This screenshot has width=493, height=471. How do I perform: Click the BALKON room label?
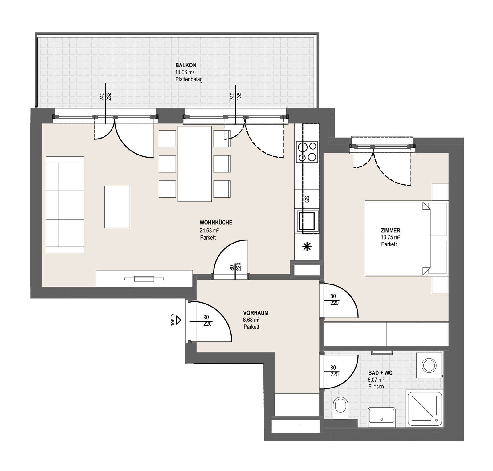186,65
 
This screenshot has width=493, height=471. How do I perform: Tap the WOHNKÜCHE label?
216,223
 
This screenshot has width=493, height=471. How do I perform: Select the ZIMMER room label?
390,230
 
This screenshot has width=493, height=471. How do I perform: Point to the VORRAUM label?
256,313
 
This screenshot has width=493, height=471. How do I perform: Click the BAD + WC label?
380,373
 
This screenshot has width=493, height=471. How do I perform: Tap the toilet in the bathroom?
340,408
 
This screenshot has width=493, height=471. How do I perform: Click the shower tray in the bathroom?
424,409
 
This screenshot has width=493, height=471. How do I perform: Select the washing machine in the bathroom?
429,365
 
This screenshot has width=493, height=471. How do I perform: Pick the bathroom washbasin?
381,417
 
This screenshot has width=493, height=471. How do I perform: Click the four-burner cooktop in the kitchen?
307,151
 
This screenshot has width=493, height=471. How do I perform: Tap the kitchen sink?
307,220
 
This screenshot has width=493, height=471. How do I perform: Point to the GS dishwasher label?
307,199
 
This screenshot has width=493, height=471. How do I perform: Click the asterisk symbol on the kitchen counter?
307,247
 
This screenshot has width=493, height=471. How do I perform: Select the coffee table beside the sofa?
117,207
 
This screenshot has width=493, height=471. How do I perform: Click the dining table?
195,164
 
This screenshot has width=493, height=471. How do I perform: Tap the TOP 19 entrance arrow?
178,320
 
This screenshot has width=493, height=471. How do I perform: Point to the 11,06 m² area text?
185,72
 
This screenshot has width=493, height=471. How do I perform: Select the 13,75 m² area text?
390,237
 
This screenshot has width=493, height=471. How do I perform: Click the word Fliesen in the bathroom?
376,387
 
